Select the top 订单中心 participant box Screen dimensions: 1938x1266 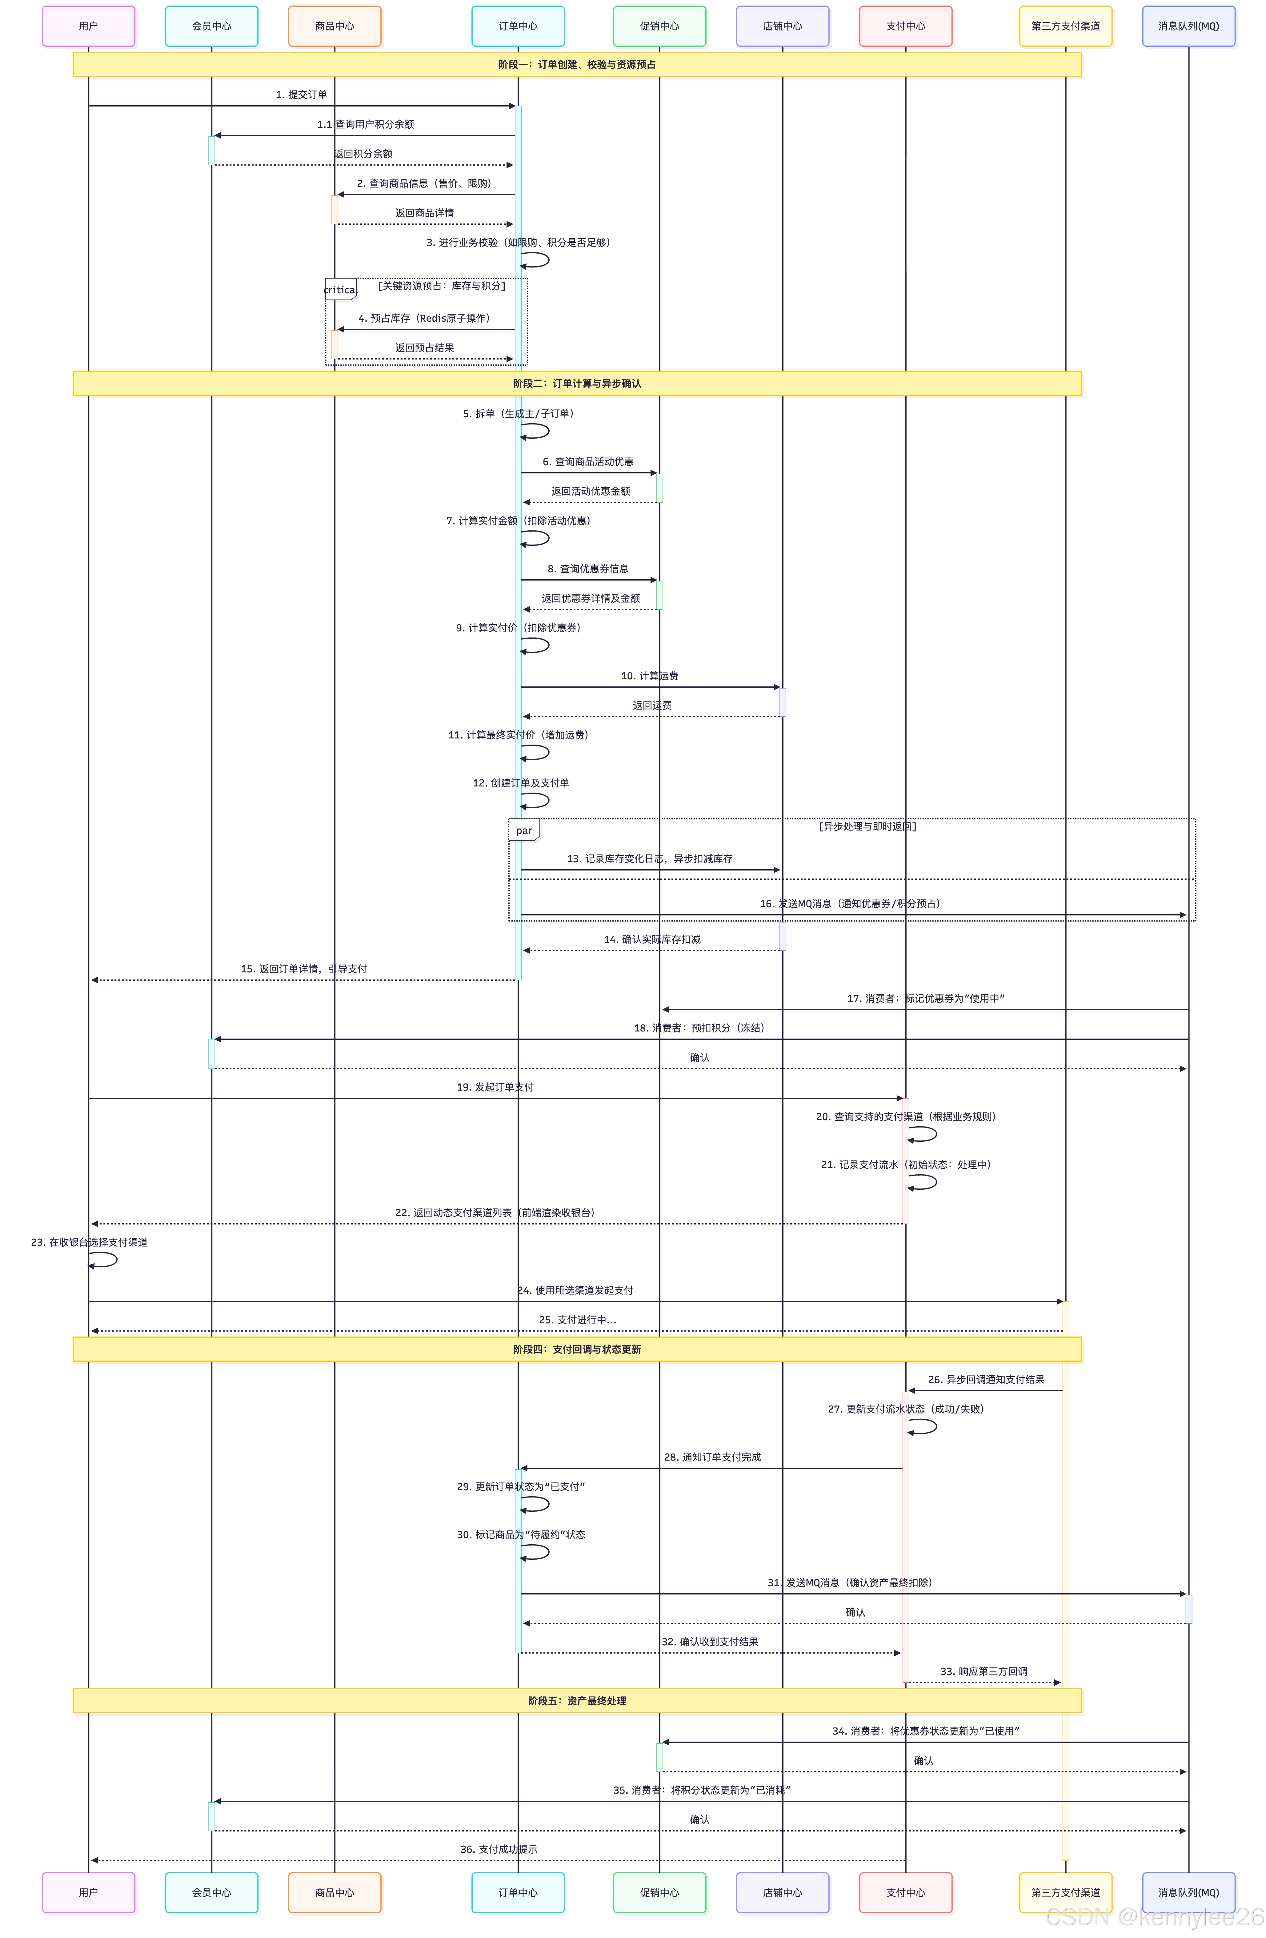pyautogui.click(x=518, y=26)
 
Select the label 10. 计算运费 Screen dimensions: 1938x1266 pyautogui.click(x=649, y=676)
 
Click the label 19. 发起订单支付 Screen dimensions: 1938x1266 pyautogui.click(x=495, y=1087)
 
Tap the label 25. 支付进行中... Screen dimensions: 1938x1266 pyautogui.click(x=577, y=1320)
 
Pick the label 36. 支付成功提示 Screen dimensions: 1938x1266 pyautogui.click(x=498, y=1849)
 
